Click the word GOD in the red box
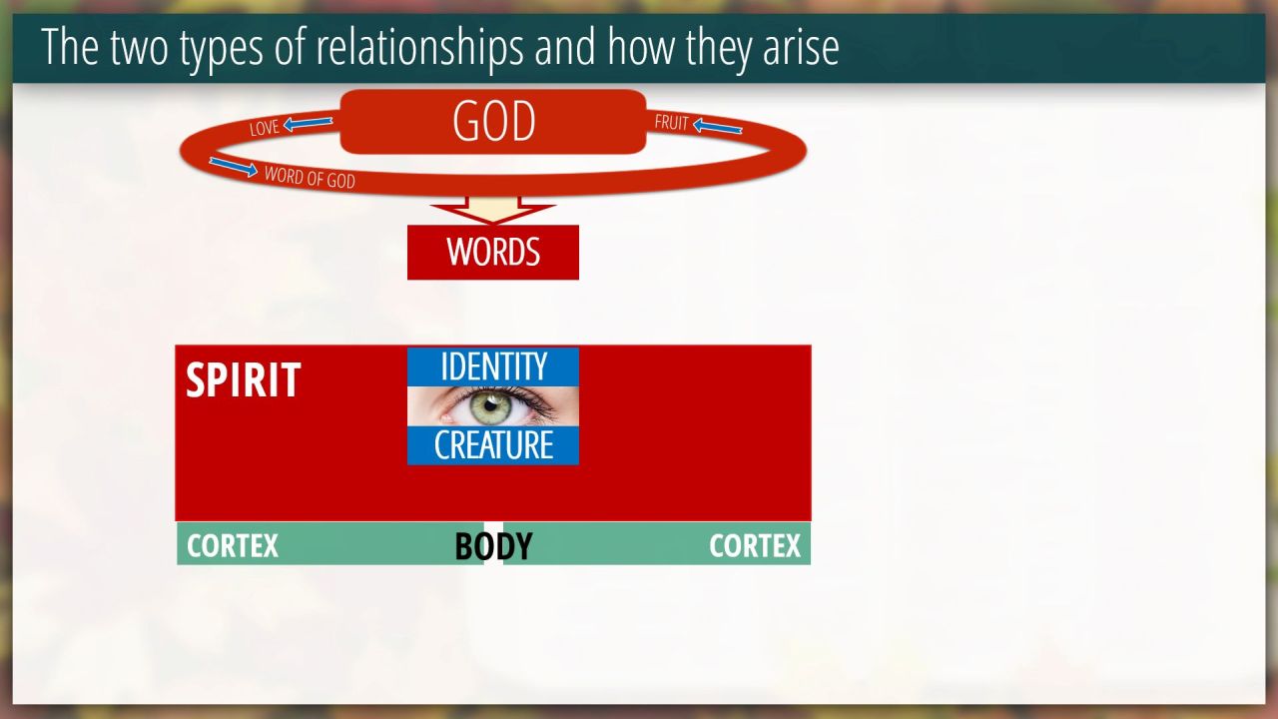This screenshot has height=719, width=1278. click(x=494, y=121)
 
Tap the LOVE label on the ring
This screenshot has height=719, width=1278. click(x=265, y=127)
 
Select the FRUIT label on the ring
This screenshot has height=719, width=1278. click(x=672, y=122)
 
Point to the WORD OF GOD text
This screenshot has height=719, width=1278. click(x=310, y=177)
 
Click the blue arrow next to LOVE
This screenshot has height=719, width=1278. click(x=309, y=123)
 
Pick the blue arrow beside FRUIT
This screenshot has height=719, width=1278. click(x=718, y=126)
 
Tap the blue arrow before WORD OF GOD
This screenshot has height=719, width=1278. click(x=234, y=167)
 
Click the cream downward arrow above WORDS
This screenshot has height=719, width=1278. click(x=493, y=210)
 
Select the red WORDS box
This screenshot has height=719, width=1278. click(x=493, y=253)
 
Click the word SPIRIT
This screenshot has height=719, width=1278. click(x=244, y=379)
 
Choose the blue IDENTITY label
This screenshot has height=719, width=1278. click(x=493, y=366)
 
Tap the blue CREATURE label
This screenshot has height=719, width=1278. click(x=493, y=445)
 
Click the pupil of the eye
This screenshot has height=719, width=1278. click(x=490, y=405)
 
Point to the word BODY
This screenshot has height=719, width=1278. click(x=493, y=545)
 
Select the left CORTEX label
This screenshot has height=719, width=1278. click(x=233, y=546)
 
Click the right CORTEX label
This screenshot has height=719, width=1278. click(x=755, y=546)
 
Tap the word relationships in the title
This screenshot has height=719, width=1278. click(x=419, y=47)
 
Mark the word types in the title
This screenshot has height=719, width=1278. click(x=222, y=50)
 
